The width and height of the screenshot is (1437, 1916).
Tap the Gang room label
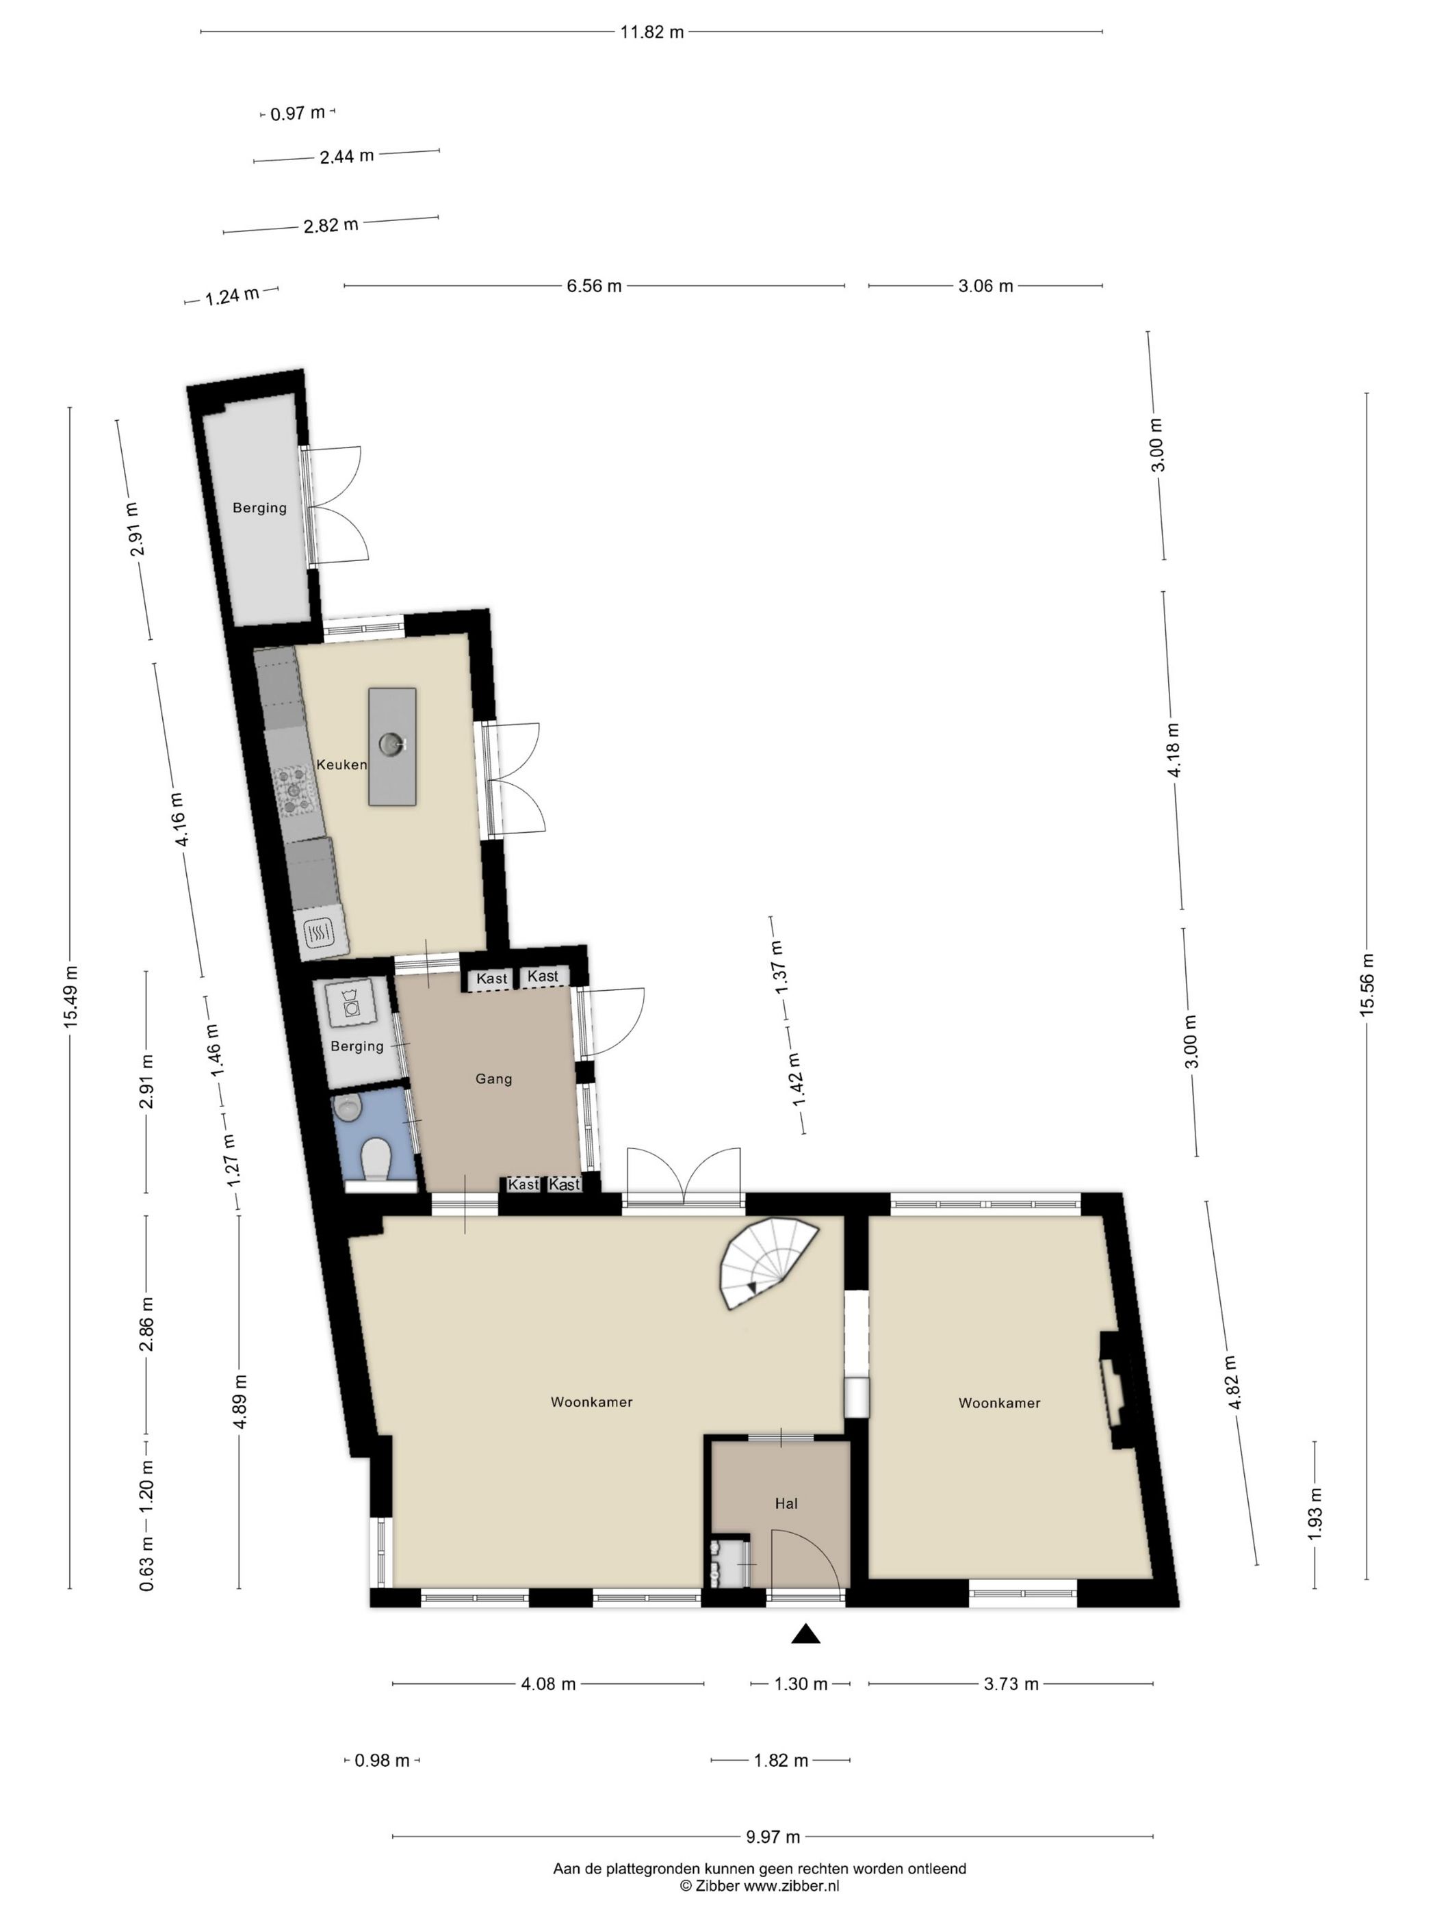click(494, 1078)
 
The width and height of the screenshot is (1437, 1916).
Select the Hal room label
click(786, 1503)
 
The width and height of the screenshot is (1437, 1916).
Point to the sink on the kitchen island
click(392, 743)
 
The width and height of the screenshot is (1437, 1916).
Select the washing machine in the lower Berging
click(350, 1003)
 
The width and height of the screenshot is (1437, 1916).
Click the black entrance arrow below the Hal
click(805, 1633)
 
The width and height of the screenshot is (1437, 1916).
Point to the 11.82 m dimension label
click(651, 32)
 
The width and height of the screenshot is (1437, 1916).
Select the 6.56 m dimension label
click(594, 286)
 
